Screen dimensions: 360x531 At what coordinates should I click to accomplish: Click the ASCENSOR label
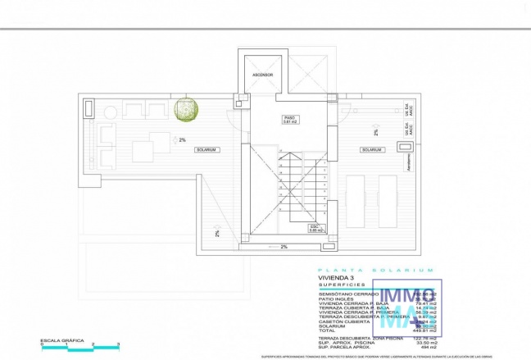click(x=261, y=75)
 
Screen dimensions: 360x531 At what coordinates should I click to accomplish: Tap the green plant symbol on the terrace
click(x=187, y=110)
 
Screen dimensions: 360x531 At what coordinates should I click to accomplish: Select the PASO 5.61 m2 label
click(x=289, y=120)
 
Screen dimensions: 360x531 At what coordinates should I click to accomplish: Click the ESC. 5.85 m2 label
click(x=314, y=228)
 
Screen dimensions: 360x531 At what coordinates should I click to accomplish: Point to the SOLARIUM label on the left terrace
click(x=206, y=150)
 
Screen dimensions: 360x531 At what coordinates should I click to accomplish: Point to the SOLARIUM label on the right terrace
click(x=371, y=150)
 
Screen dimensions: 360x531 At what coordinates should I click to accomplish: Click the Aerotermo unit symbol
click(x=405, y=147)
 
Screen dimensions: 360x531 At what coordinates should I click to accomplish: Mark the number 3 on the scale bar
click(x=119, y=344)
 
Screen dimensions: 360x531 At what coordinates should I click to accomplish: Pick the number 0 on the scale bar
click(x=42, y=344)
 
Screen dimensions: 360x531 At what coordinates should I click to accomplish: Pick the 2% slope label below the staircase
click(x=284, y=247)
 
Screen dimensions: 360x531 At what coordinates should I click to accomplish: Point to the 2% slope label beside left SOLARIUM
click(x=182, y=139)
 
